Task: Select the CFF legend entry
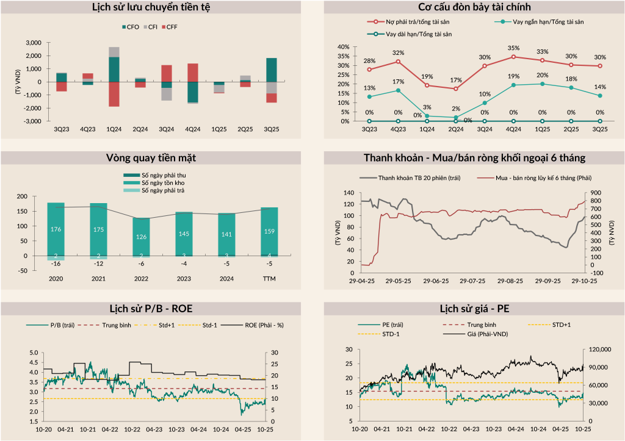click(x=172, y=27)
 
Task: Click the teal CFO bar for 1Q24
click(x=114, y=70)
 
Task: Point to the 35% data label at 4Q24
click(x=513, y=48)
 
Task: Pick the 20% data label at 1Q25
click(x=542, y=75)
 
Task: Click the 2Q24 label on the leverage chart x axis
click(x=456, y=129)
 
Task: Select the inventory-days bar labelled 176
click(x=56, y=229)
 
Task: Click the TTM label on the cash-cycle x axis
click(x=269, y=280)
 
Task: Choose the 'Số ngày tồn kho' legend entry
click(x=163, y=183)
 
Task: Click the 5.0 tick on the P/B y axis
click(x=33, y=353)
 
